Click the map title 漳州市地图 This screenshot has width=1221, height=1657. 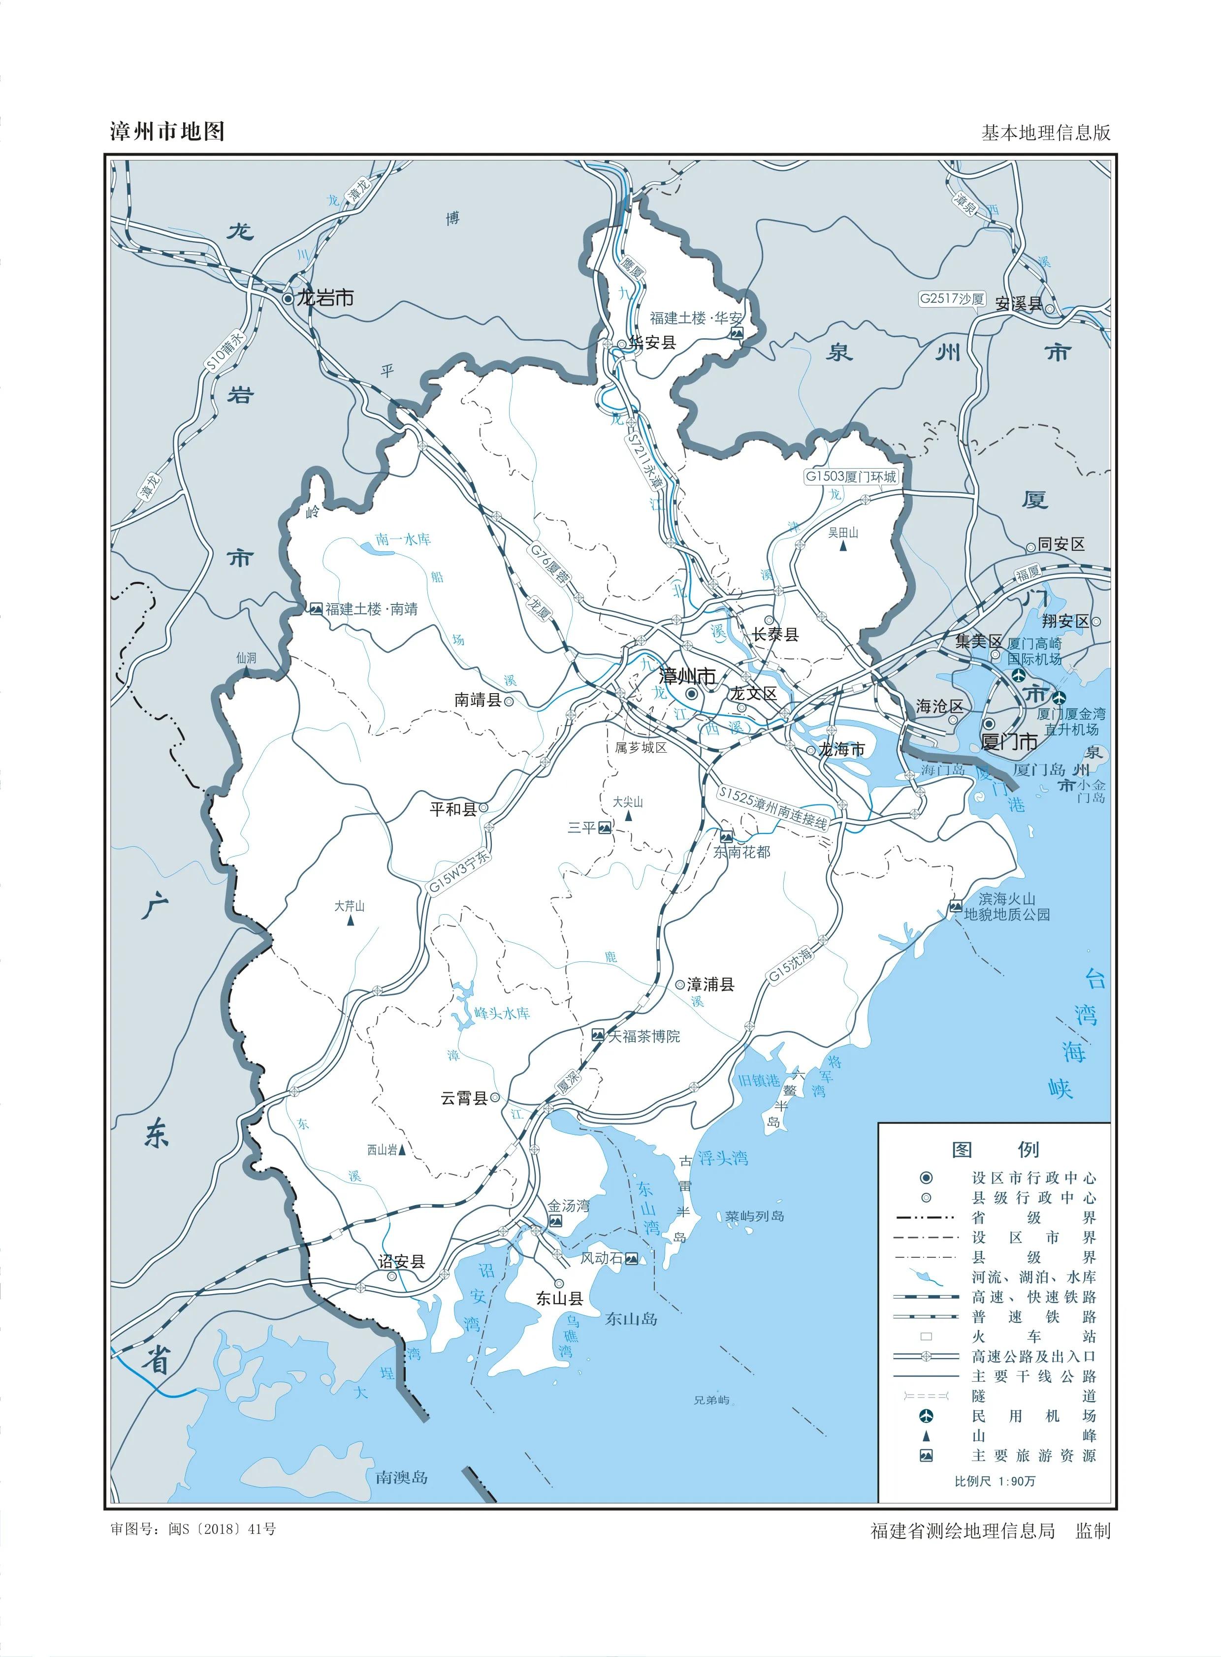tap(167, 131)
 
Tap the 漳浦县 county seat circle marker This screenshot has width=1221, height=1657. tap(680, 985)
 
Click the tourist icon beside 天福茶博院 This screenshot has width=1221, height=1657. tap(598, 1036)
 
